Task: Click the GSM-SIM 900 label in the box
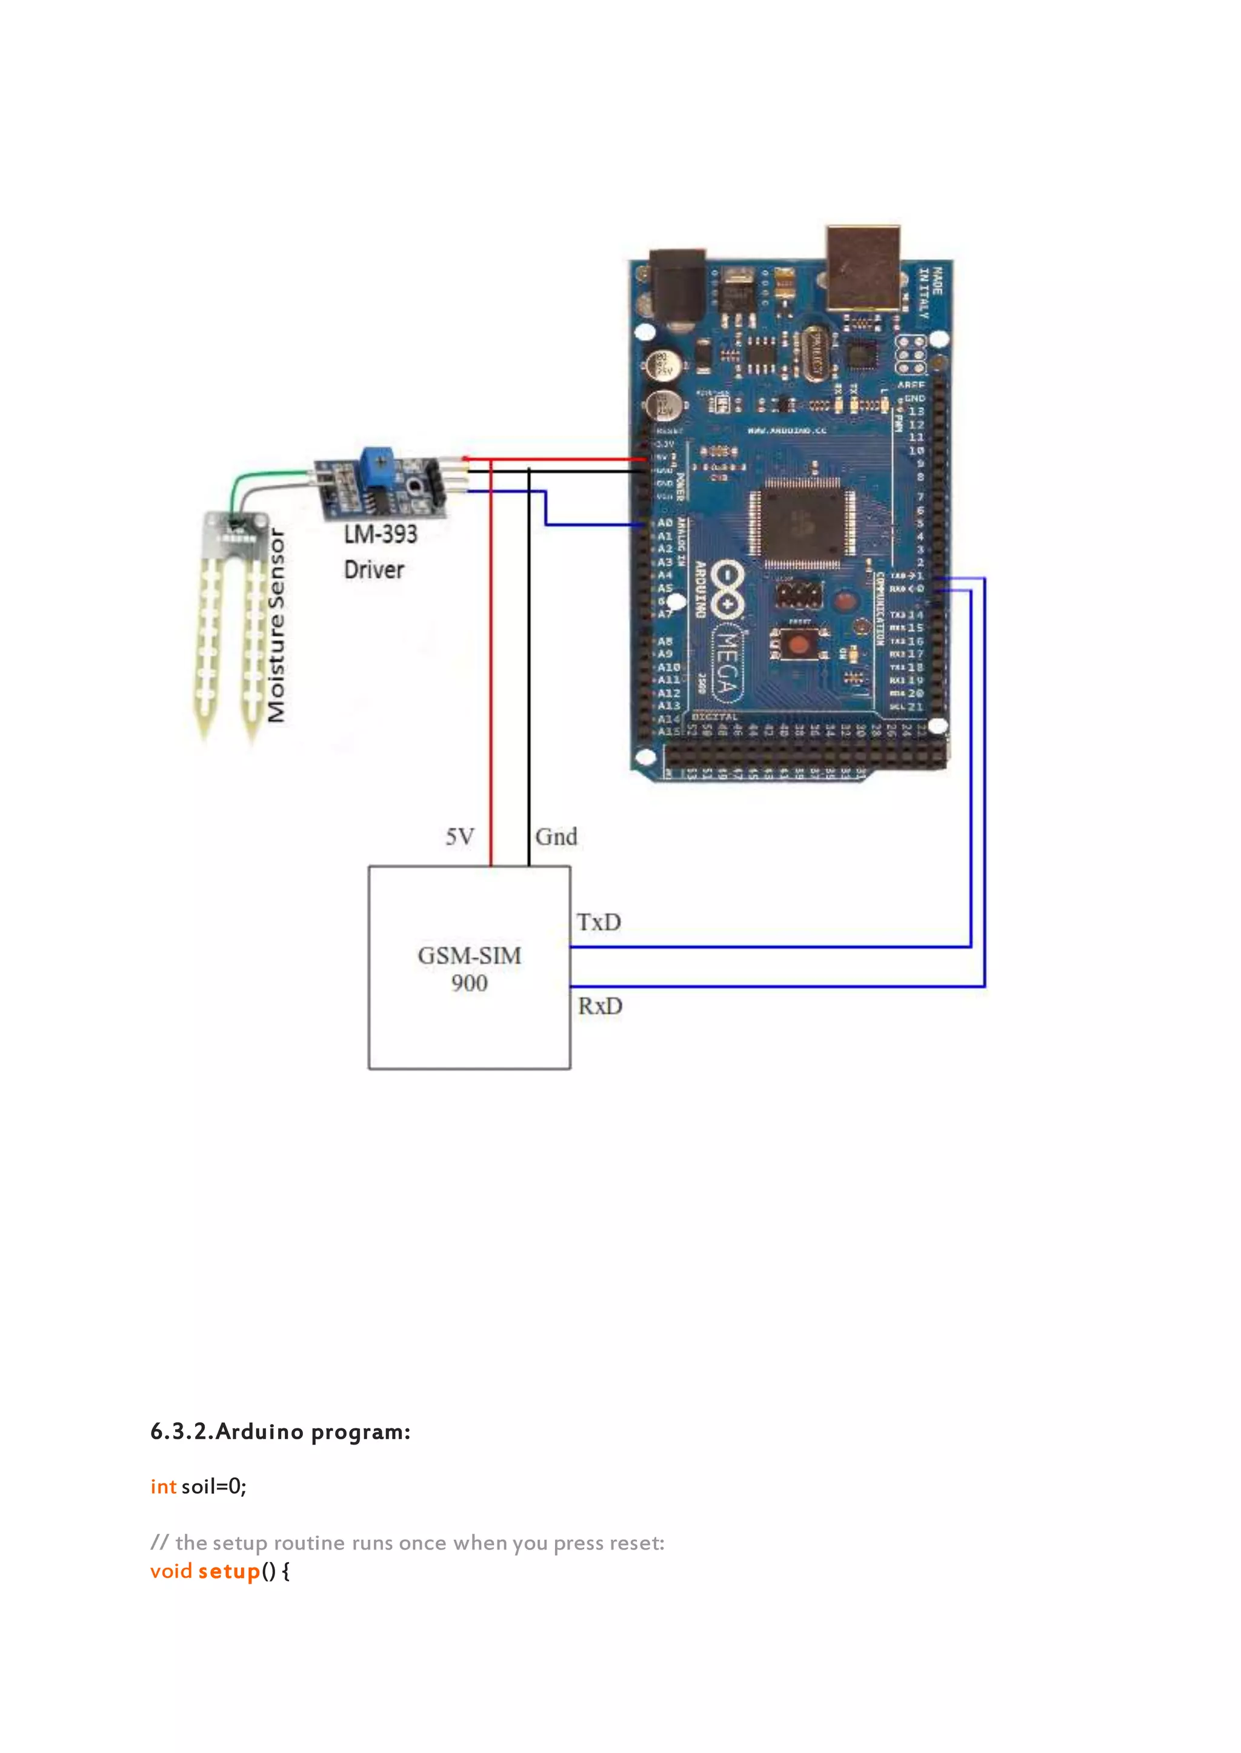(x=469, y=969)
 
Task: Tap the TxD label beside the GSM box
(x=598, y=922)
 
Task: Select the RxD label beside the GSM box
(x=600, y=1006)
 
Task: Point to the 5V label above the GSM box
(x=459, y=837)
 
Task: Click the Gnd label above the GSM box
(x=556, y=837)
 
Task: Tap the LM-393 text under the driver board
(x=381, y=534)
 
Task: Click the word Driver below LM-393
(x=374, y=569)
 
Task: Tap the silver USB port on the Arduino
(x=863, y=267)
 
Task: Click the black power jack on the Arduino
(x=676, y=287)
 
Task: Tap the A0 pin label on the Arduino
(x=665, y=523)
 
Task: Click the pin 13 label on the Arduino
(x=916, y=411)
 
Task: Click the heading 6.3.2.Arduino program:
(x=281, y=1431)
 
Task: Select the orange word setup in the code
(x=229, y=1571)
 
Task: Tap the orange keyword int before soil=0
(x=164, y=1486)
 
